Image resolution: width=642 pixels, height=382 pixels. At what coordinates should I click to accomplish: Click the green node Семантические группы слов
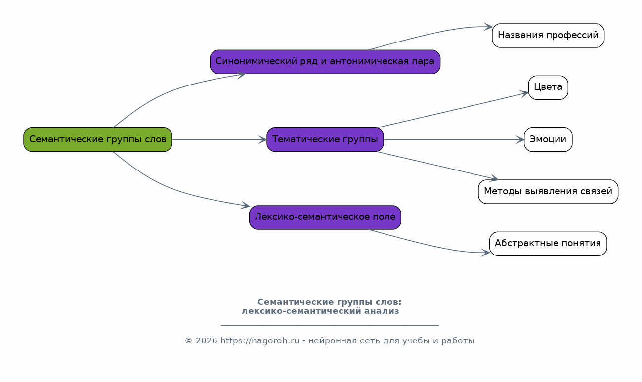point(98,139)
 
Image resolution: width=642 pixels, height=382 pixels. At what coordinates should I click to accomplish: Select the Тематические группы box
point(325,139)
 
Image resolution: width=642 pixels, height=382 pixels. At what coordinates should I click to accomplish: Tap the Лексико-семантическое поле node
point(325,217)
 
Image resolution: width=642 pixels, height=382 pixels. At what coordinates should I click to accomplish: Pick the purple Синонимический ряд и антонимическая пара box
point(325,62)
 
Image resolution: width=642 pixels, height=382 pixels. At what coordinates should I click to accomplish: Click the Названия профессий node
point(548,36)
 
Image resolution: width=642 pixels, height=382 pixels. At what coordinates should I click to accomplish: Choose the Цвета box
point(548,87)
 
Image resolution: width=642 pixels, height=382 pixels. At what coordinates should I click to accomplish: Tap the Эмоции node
point(548,139)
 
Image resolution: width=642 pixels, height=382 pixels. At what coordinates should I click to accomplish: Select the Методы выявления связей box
point(548,191)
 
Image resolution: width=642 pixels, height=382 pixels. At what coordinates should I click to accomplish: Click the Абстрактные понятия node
point(548,243)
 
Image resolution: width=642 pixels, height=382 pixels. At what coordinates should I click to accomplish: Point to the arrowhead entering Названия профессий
point(489,27)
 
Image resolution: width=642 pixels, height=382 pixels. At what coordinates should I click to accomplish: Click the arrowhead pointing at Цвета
point(525,92)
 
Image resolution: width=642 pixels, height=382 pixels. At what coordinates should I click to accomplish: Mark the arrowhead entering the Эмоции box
point(520,140)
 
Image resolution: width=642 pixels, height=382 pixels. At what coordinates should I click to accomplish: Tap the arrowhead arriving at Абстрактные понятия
point(486,253)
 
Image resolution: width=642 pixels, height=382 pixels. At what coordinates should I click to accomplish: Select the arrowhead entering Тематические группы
point(263,140)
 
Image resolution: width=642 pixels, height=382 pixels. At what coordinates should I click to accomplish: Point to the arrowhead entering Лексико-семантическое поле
point(246,205)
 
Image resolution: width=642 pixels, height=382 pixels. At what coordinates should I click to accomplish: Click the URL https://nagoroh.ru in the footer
point(259,341)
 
